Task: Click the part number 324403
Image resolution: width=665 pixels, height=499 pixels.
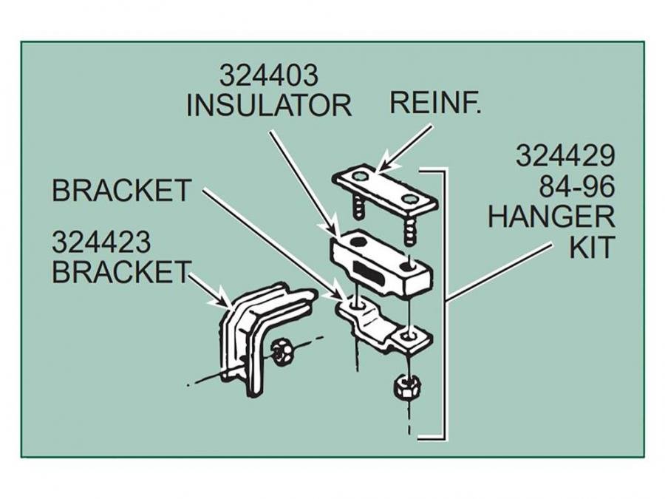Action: pos(268,76)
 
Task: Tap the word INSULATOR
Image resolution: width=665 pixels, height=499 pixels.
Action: pos(268,106)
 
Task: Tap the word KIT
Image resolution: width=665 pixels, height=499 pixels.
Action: pos(591,247)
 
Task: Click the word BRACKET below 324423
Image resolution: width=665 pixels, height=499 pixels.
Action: pos(120,272)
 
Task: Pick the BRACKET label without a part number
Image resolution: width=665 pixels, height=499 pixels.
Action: pos(121,191)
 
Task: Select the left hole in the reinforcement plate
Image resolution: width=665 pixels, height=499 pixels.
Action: pos(358,177)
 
